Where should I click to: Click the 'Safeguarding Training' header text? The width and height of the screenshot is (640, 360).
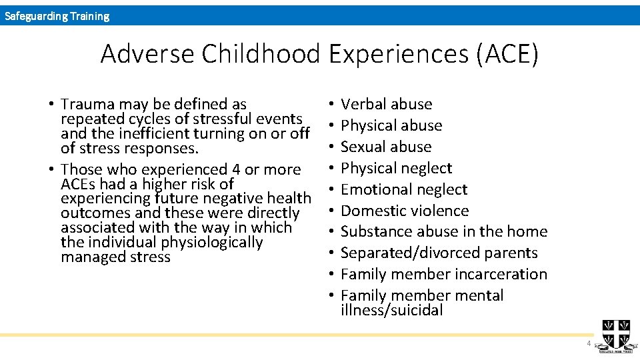click(57, 16)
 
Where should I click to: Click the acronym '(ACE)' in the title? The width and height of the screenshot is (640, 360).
click(507, 53)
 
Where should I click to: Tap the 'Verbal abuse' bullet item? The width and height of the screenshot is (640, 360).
click(386, 104)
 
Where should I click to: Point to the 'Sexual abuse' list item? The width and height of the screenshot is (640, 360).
click(386, 147)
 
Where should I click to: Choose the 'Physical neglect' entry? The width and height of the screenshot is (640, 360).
click(396, 168)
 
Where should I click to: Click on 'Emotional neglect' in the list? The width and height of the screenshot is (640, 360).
click(404, 189)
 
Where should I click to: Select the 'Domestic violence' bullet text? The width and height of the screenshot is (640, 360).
click(405, 211)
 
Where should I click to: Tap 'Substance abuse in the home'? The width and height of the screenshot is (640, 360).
click(444, 231)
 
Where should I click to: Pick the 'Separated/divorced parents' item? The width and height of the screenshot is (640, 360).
click(439, 253)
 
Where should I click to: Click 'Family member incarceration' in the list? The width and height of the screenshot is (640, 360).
click(443, 274)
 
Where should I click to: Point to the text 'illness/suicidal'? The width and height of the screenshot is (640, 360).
click(391, 310)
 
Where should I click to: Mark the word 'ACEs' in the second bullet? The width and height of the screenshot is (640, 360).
click(78, 184)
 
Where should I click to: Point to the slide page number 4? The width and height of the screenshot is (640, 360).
click(588, 343)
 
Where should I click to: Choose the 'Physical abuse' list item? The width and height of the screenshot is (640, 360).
click(391, 125)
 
